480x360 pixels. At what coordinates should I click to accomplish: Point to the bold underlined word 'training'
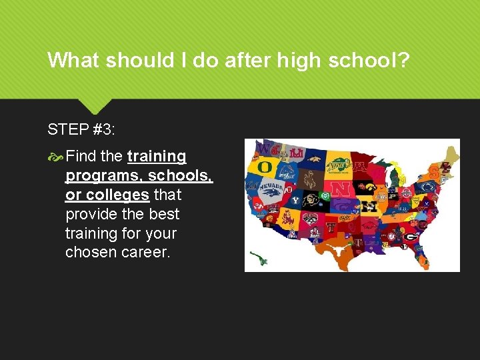(x=157, y=157)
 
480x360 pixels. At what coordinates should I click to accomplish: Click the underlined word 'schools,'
(x=180, y=176)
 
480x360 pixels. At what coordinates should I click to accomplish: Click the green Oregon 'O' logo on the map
(x=264, y=166)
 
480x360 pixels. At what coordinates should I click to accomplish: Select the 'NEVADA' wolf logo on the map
(x=270, y=191)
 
